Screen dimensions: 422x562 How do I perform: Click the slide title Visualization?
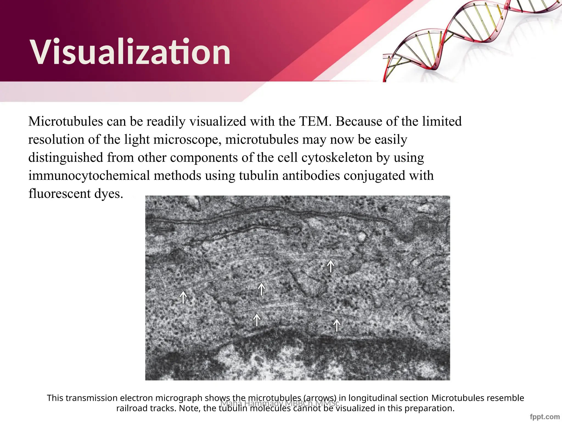131,52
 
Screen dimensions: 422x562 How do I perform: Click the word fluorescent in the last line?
59,194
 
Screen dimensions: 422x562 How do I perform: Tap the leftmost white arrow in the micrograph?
183,297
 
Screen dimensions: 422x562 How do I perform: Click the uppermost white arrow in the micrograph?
331,266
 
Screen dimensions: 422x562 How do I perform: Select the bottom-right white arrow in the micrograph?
337,325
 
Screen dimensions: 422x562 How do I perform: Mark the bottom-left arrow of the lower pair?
257,320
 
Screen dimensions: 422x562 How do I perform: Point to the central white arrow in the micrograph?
262,289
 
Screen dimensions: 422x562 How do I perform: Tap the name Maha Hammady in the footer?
251,403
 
